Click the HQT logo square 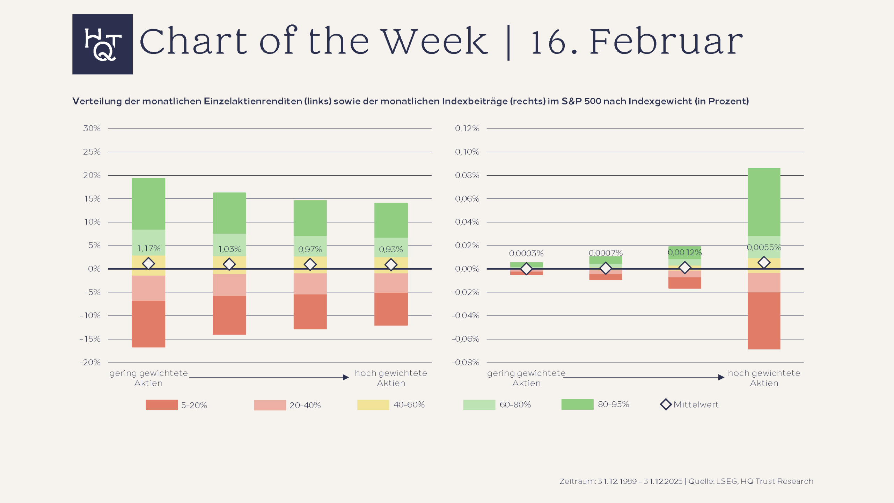point(102,44)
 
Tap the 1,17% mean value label point(149,248)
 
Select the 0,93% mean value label point(391,249)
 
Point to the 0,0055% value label point(764,247)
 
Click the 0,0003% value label point(526,253)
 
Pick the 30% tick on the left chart point(92,128)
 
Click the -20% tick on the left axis point(90,362)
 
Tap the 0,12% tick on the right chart point(467,128)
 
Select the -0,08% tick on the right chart point(466,362)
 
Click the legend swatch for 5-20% point(162,405)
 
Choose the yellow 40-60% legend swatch point(373,404)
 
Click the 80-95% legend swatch point(577,404)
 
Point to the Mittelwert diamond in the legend point(666,404)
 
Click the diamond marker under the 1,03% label point(229,264)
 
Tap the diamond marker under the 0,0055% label point(764,262)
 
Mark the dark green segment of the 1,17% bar point(148,204)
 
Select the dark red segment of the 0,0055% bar point(764,320)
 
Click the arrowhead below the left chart point(346,377)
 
